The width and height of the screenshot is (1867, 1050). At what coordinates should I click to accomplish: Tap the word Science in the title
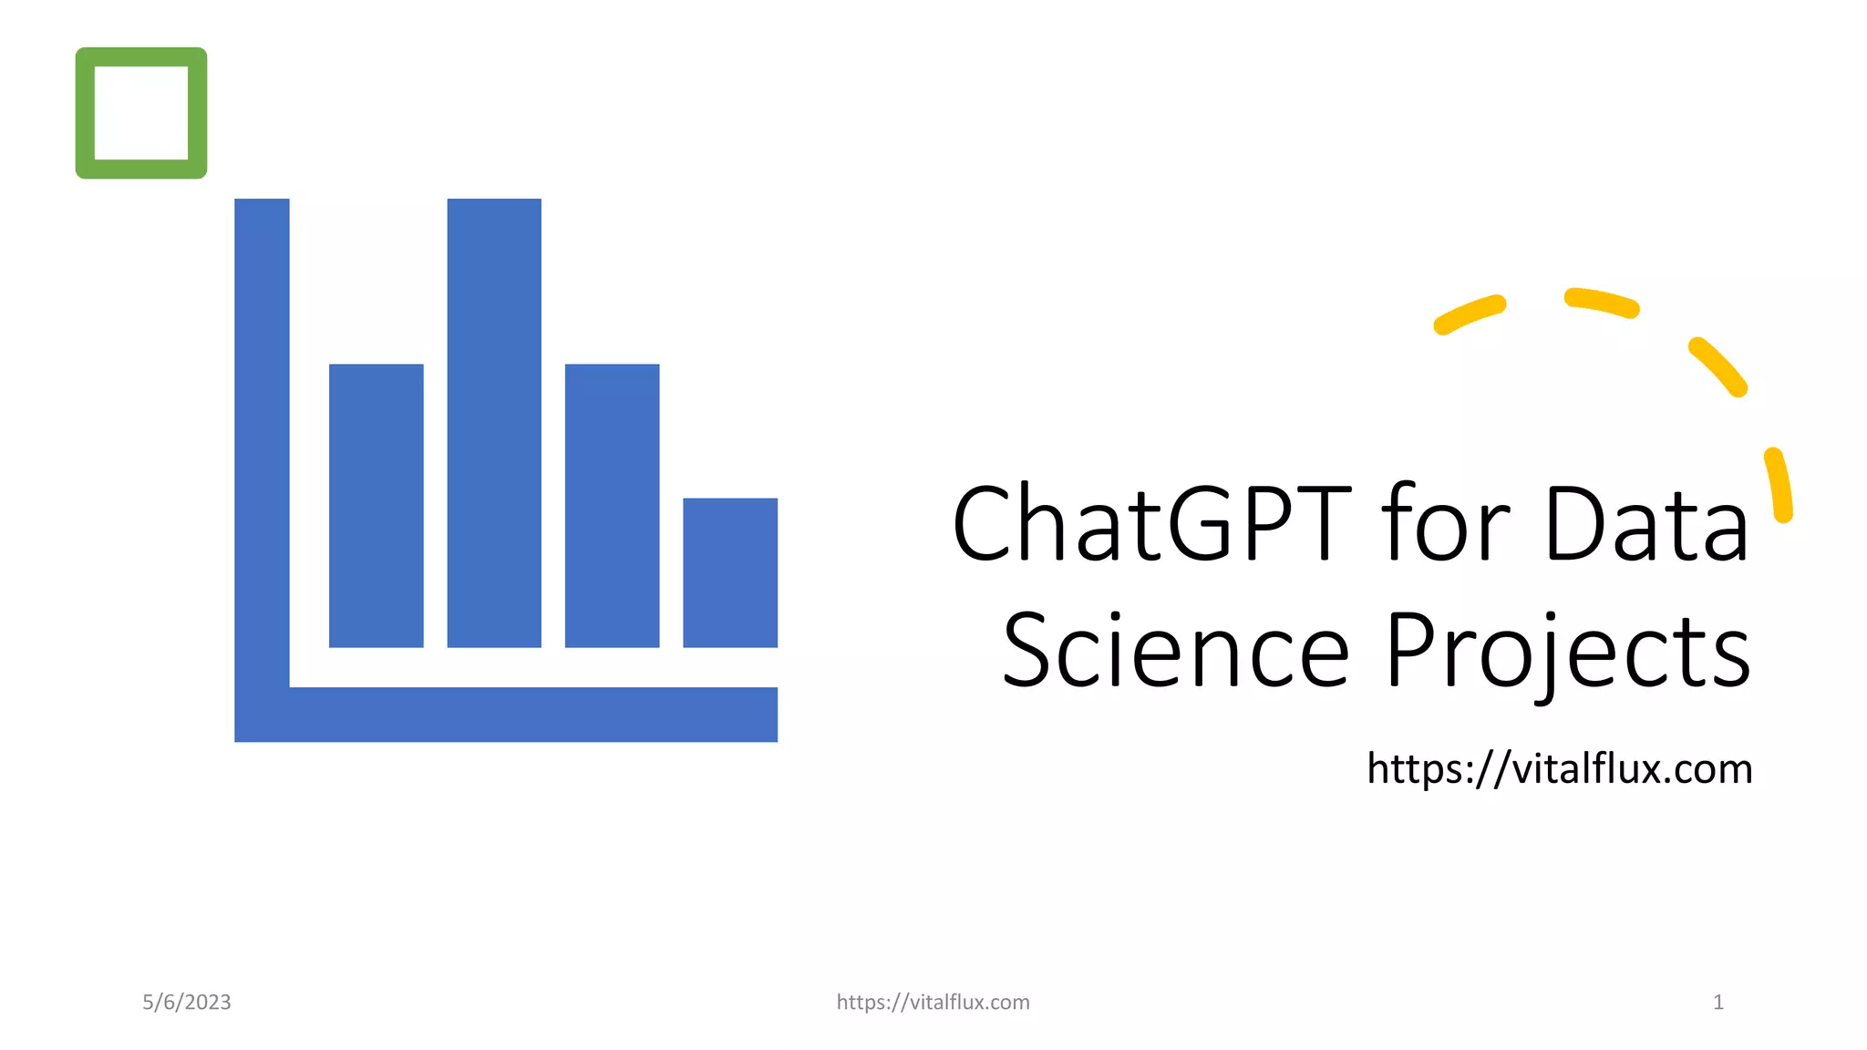1175,651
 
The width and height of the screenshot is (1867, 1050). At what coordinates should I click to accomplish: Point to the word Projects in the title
1567,653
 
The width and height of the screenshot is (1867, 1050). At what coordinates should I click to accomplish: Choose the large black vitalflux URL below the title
1559,768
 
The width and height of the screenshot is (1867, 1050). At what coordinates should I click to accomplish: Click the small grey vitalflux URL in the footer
933,1003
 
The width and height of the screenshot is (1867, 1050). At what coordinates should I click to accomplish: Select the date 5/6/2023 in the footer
187,1003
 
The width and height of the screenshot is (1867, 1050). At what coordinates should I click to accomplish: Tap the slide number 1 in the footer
1717,1003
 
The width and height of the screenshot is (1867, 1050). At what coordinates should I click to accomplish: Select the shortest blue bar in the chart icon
730,572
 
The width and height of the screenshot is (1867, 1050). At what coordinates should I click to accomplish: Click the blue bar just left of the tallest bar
376,506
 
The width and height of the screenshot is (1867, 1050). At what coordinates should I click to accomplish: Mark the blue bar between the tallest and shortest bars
612,506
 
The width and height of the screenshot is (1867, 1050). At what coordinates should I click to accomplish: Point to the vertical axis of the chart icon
262,437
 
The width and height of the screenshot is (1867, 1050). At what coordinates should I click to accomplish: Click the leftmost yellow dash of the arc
1470,314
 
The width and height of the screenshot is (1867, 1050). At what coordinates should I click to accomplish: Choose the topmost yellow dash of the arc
1602,304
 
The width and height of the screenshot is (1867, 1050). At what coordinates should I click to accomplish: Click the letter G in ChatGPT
1202,524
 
